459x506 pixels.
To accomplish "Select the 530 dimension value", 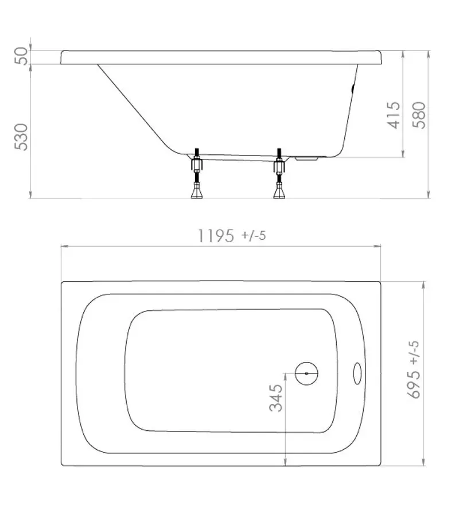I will tap(21, 137).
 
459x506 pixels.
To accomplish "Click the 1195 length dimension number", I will tap(216, 236).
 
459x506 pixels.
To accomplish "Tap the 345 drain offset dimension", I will tap(276, 398).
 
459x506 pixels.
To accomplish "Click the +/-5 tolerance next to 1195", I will tap(253, 236).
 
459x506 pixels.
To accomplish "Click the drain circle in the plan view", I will tap(306, 373).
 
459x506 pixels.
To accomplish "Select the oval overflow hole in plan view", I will tap(356, 373).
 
